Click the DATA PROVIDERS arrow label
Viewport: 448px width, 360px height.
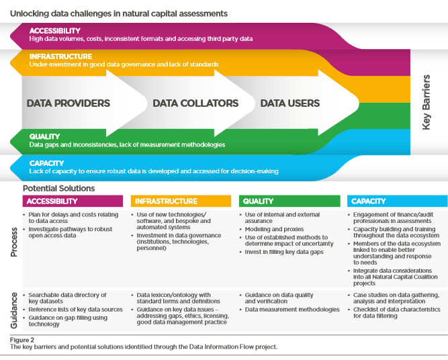[68, 103]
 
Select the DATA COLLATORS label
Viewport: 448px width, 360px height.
[195, 103]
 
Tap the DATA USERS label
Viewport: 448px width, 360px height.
[289, 103]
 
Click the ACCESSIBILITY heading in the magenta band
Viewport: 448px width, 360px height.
[55, 31]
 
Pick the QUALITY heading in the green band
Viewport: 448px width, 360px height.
[44, 136]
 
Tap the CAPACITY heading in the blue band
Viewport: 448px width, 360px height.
[47, 163]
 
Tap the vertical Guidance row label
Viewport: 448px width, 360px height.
[14, 310]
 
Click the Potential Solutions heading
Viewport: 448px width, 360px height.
[59, 189]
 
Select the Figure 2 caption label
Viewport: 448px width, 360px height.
[24, 340]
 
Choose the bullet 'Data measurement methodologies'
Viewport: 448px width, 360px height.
[292, 310]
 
